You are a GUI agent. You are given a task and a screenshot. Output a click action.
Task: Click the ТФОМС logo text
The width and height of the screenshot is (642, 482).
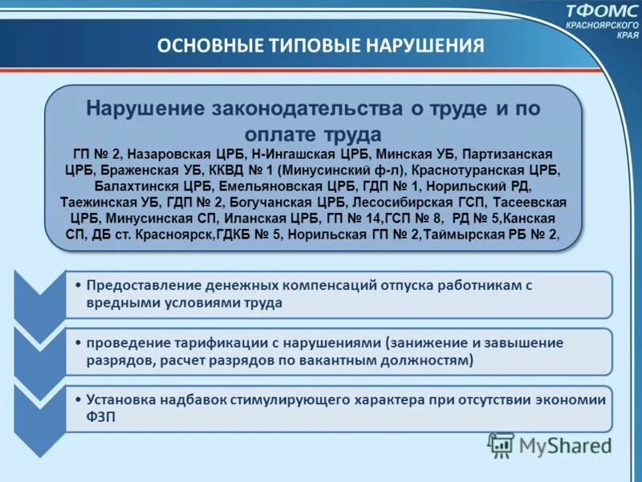(600, 12)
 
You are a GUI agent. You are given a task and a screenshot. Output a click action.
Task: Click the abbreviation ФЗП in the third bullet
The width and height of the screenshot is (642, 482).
(102, 417)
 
